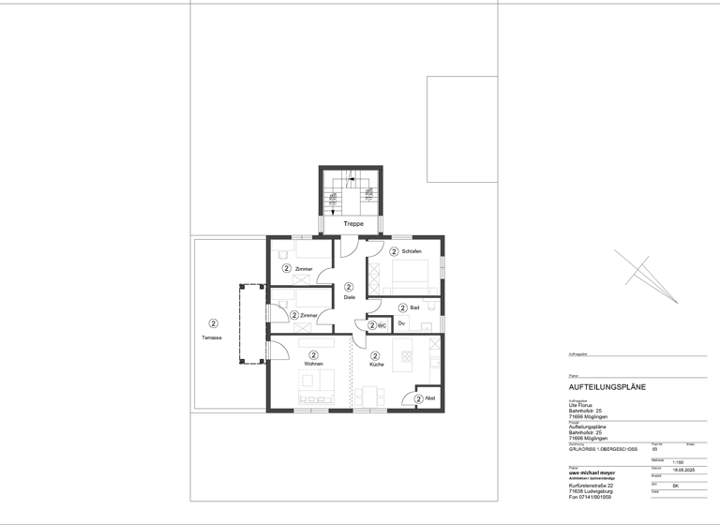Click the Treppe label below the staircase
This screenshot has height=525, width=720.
pos(352,224)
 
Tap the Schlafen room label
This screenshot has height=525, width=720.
pos(411,252)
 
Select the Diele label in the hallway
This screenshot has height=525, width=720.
pos(349,297)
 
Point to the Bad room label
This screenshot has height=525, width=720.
pos(414,307)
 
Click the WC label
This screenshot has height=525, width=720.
pos(382,325)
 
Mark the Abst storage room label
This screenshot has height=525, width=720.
pos(430,398)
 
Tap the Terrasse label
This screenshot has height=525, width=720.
pos(212,337)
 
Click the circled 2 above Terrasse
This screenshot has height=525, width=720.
pos(214,323)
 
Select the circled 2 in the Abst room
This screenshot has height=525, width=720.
pos(418,398)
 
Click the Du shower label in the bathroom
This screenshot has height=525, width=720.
pos(401,323)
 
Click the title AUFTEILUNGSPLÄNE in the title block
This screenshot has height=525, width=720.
pos(607,386)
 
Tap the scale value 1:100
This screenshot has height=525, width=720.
pos(654,463)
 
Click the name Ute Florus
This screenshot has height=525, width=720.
pos(582,405)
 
